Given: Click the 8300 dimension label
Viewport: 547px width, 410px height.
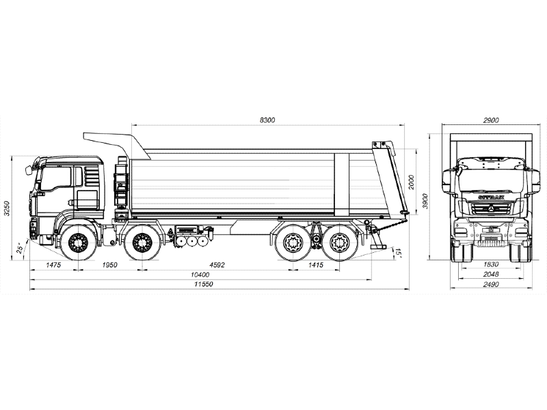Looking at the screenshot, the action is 267,120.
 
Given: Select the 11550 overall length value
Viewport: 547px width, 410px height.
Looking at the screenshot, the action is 204,284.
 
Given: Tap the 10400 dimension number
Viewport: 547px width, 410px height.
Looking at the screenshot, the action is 200,275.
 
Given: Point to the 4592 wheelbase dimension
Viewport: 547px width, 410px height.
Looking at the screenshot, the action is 217,265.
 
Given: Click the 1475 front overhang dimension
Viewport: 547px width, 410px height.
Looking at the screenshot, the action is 53,265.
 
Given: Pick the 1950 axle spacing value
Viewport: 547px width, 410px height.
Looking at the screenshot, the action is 109,265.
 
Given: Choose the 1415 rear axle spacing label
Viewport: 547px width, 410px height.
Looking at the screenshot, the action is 316,265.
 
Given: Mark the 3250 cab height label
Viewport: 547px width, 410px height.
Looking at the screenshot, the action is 7,208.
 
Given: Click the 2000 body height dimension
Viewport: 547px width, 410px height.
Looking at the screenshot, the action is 412,182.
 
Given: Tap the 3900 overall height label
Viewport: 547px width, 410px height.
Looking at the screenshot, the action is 425,201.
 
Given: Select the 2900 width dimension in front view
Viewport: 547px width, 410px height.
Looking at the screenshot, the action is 491,120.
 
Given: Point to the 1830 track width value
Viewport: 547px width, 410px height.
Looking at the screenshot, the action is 491,264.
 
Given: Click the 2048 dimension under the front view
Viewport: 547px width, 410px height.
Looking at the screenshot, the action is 491,275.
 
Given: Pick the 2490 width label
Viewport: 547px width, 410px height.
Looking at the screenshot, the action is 491,284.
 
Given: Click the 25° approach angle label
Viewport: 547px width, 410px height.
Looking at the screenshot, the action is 21,247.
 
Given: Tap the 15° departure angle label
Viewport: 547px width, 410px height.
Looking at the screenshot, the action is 398,252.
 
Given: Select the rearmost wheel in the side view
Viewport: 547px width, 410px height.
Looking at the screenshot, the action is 339,243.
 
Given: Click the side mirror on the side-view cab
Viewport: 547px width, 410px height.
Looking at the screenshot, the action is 28,170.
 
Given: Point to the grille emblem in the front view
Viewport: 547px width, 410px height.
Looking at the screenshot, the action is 491,208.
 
